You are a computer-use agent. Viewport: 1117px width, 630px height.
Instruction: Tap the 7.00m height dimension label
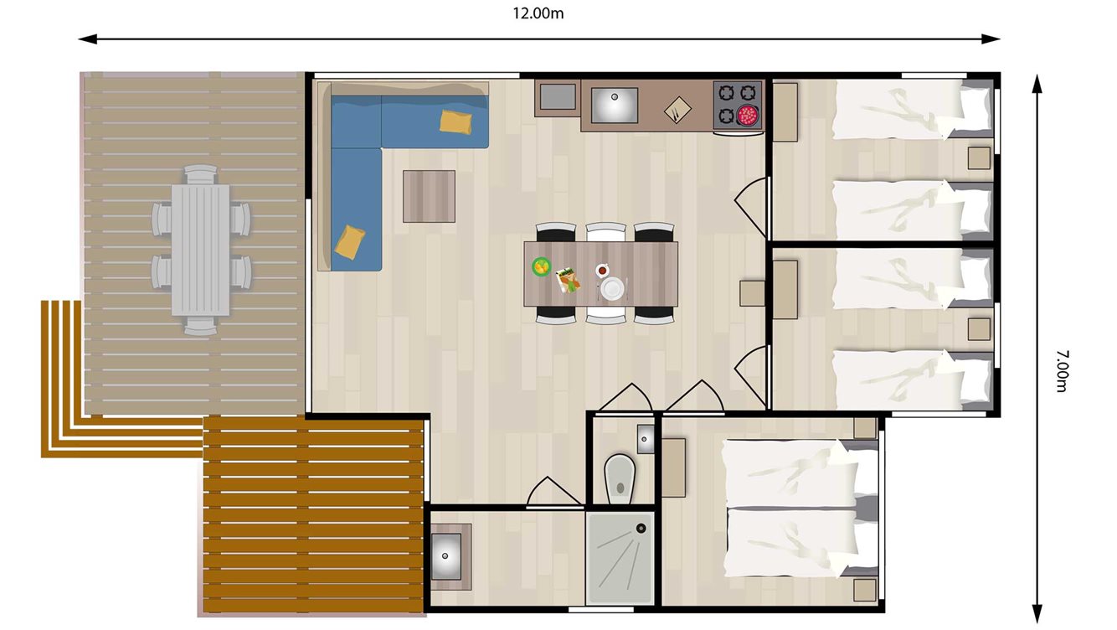point(1062,372)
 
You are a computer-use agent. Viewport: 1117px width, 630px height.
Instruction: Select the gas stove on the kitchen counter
point(738,106)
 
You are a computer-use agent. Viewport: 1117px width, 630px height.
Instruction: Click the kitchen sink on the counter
point(614,104)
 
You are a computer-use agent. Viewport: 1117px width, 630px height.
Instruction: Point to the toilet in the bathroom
point(620,475)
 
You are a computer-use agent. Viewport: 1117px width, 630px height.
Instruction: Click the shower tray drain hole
point(641,528)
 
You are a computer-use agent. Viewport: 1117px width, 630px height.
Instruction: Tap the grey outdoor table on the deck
point(201,250)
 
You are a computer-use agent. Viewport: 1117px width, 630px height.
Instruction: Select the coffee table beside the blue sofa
point(429,196)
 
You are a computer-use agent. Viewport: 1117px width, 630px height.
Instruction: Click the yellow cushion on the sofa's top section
point(456,121)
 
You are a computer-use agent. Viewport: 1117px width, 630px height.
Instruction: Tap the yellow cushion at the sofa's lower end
point(350,241)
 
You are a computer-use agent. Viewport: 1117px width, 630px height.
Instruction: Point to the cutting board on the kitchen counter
point(677,109)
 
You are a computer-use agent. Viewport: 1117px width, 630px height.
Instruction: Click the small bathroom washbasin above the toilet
point(646,438)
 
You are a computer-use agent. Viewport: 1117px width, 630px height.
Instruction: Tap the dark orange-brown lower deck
point(311,515)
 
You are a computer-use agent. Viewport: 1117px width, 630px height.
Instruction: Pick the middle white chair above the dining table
point(605,232)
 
